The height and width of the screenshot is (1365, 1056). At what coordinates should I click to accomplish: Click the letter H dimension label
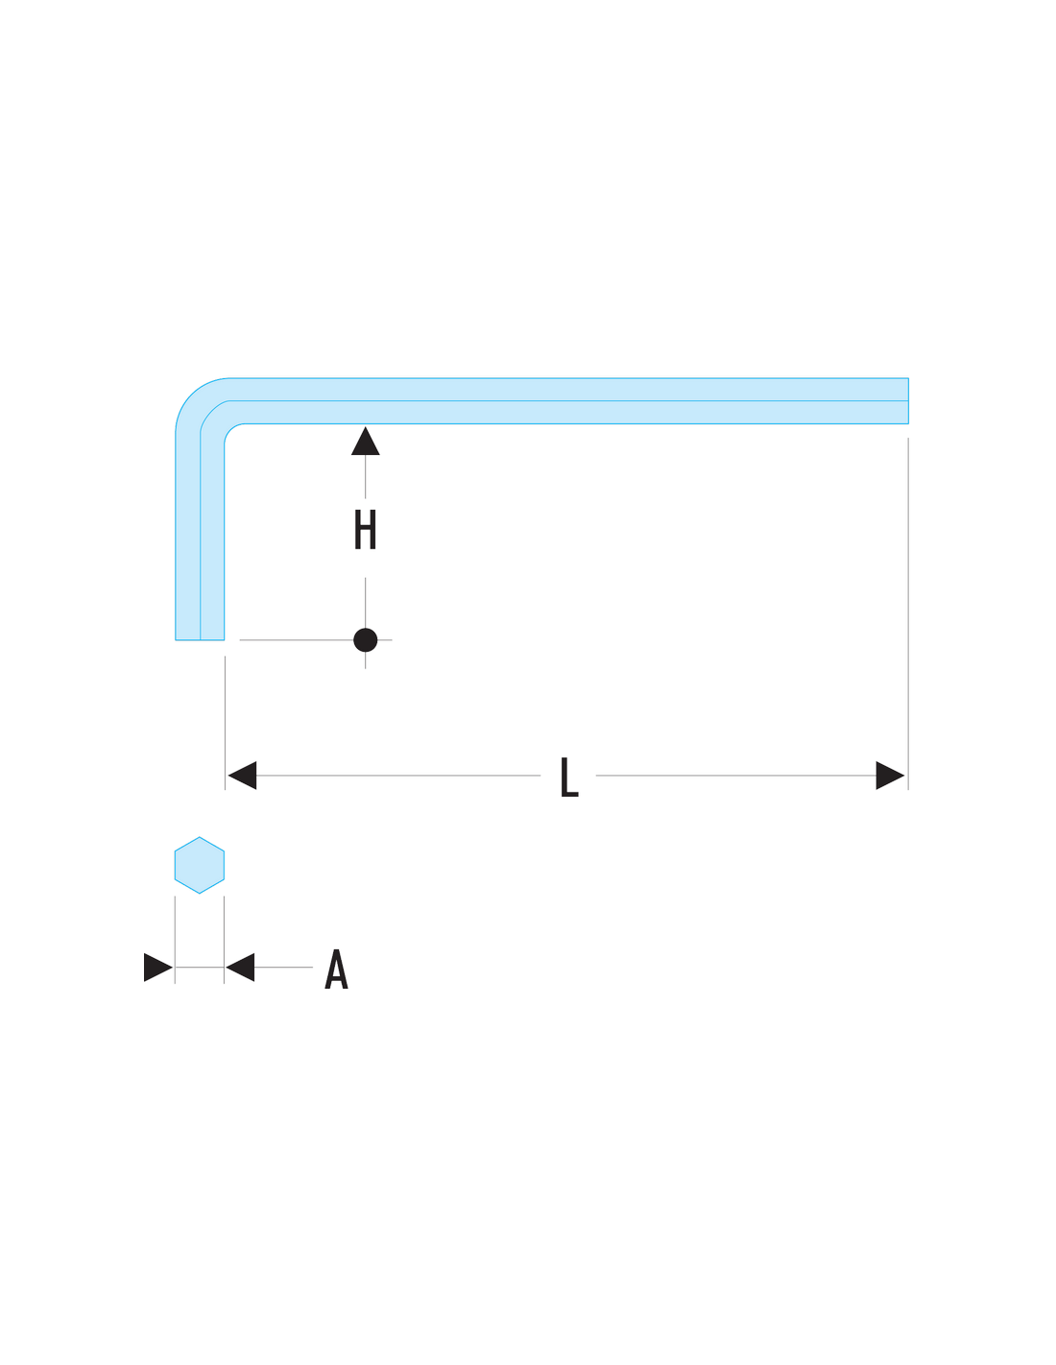365,529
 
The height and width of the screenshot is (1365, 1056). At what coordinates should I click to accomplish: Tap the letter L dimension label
569,777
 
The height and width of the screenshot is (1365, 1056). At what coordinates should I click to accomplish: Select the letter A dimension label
336,968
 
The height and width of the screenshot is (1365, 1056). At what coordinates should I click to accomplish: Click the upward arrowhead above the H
365,441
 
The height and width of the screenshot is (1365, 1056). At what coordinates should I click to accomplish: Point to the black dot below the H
365,640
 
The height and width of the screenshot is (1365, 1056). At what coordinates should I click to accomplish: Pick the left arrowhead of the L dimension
242,776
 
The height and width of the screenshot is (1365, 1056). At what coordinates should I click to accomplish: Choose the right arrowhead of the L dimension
890,776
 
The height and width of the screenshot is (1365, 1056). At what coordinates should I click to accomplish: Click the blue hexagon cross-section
199,865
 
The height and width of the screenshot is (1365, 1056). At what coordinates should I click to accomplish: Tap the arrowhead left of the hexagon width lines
158,967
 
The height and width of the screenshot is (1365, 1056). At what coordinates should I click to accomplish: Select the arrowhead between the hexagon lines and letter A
240,967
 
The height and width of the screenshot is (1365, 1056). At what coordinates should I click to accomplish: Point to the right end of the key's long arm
908,401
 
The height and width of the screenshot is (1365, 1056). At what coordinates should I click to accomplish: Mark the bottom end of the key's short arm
200,639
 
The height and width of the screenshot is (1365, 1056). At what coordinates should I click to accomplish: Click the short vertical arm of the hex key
200,540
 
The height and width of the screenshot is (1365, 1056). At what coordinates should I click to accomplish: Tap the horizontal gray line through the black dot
315,640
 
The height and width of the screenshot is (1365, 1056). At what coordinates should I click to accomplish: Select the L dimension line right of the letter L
735,776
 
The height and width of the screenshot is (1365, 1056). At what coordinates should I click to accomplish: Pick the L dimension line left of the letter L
398,776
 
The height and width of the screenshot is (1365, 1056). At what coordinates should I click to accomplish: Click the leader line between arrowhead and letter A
283,967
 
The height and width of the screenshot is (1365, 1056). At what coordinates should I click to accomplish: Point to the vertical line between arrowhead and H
365,477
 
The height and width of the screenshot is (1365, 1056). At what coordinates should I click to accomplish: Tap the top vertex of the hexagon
199,837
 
